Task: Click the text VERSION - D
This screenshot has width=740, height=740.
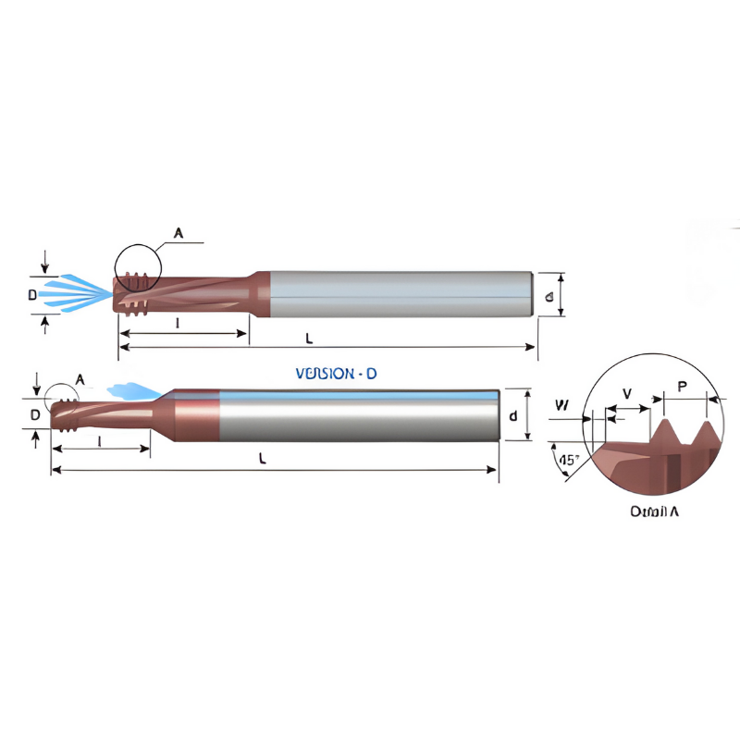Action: (336, 374)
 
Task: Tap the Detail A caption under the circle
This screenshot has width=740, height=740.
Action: (654, 511)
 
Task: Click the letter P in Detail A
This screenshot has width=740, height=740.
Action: (683, 387)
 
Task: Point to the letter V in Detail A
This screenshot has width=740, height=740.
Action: (627, 394)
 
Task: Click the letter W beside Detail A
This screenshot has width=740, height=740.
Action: (561, 405)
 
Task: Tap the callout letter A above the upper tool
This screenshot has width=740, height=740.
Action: (179, 234)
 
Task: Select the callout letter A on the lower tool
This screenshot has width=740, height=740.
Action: (80, 379)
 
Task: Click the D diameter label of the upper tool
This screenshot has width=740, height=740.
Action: (31, 295)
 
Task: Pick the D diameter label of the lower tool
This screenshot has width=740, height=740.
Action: (34, 415)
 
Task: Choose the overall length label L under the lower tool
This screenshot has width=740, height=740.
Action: (263, 460)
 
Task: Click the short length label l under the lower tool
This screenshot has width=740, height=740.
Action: (98, 440)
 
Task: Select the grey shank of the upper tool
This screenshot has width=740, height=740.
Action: (398, 294)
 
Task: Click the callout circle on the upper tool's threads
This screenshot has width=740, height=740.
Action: (137, 268)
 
